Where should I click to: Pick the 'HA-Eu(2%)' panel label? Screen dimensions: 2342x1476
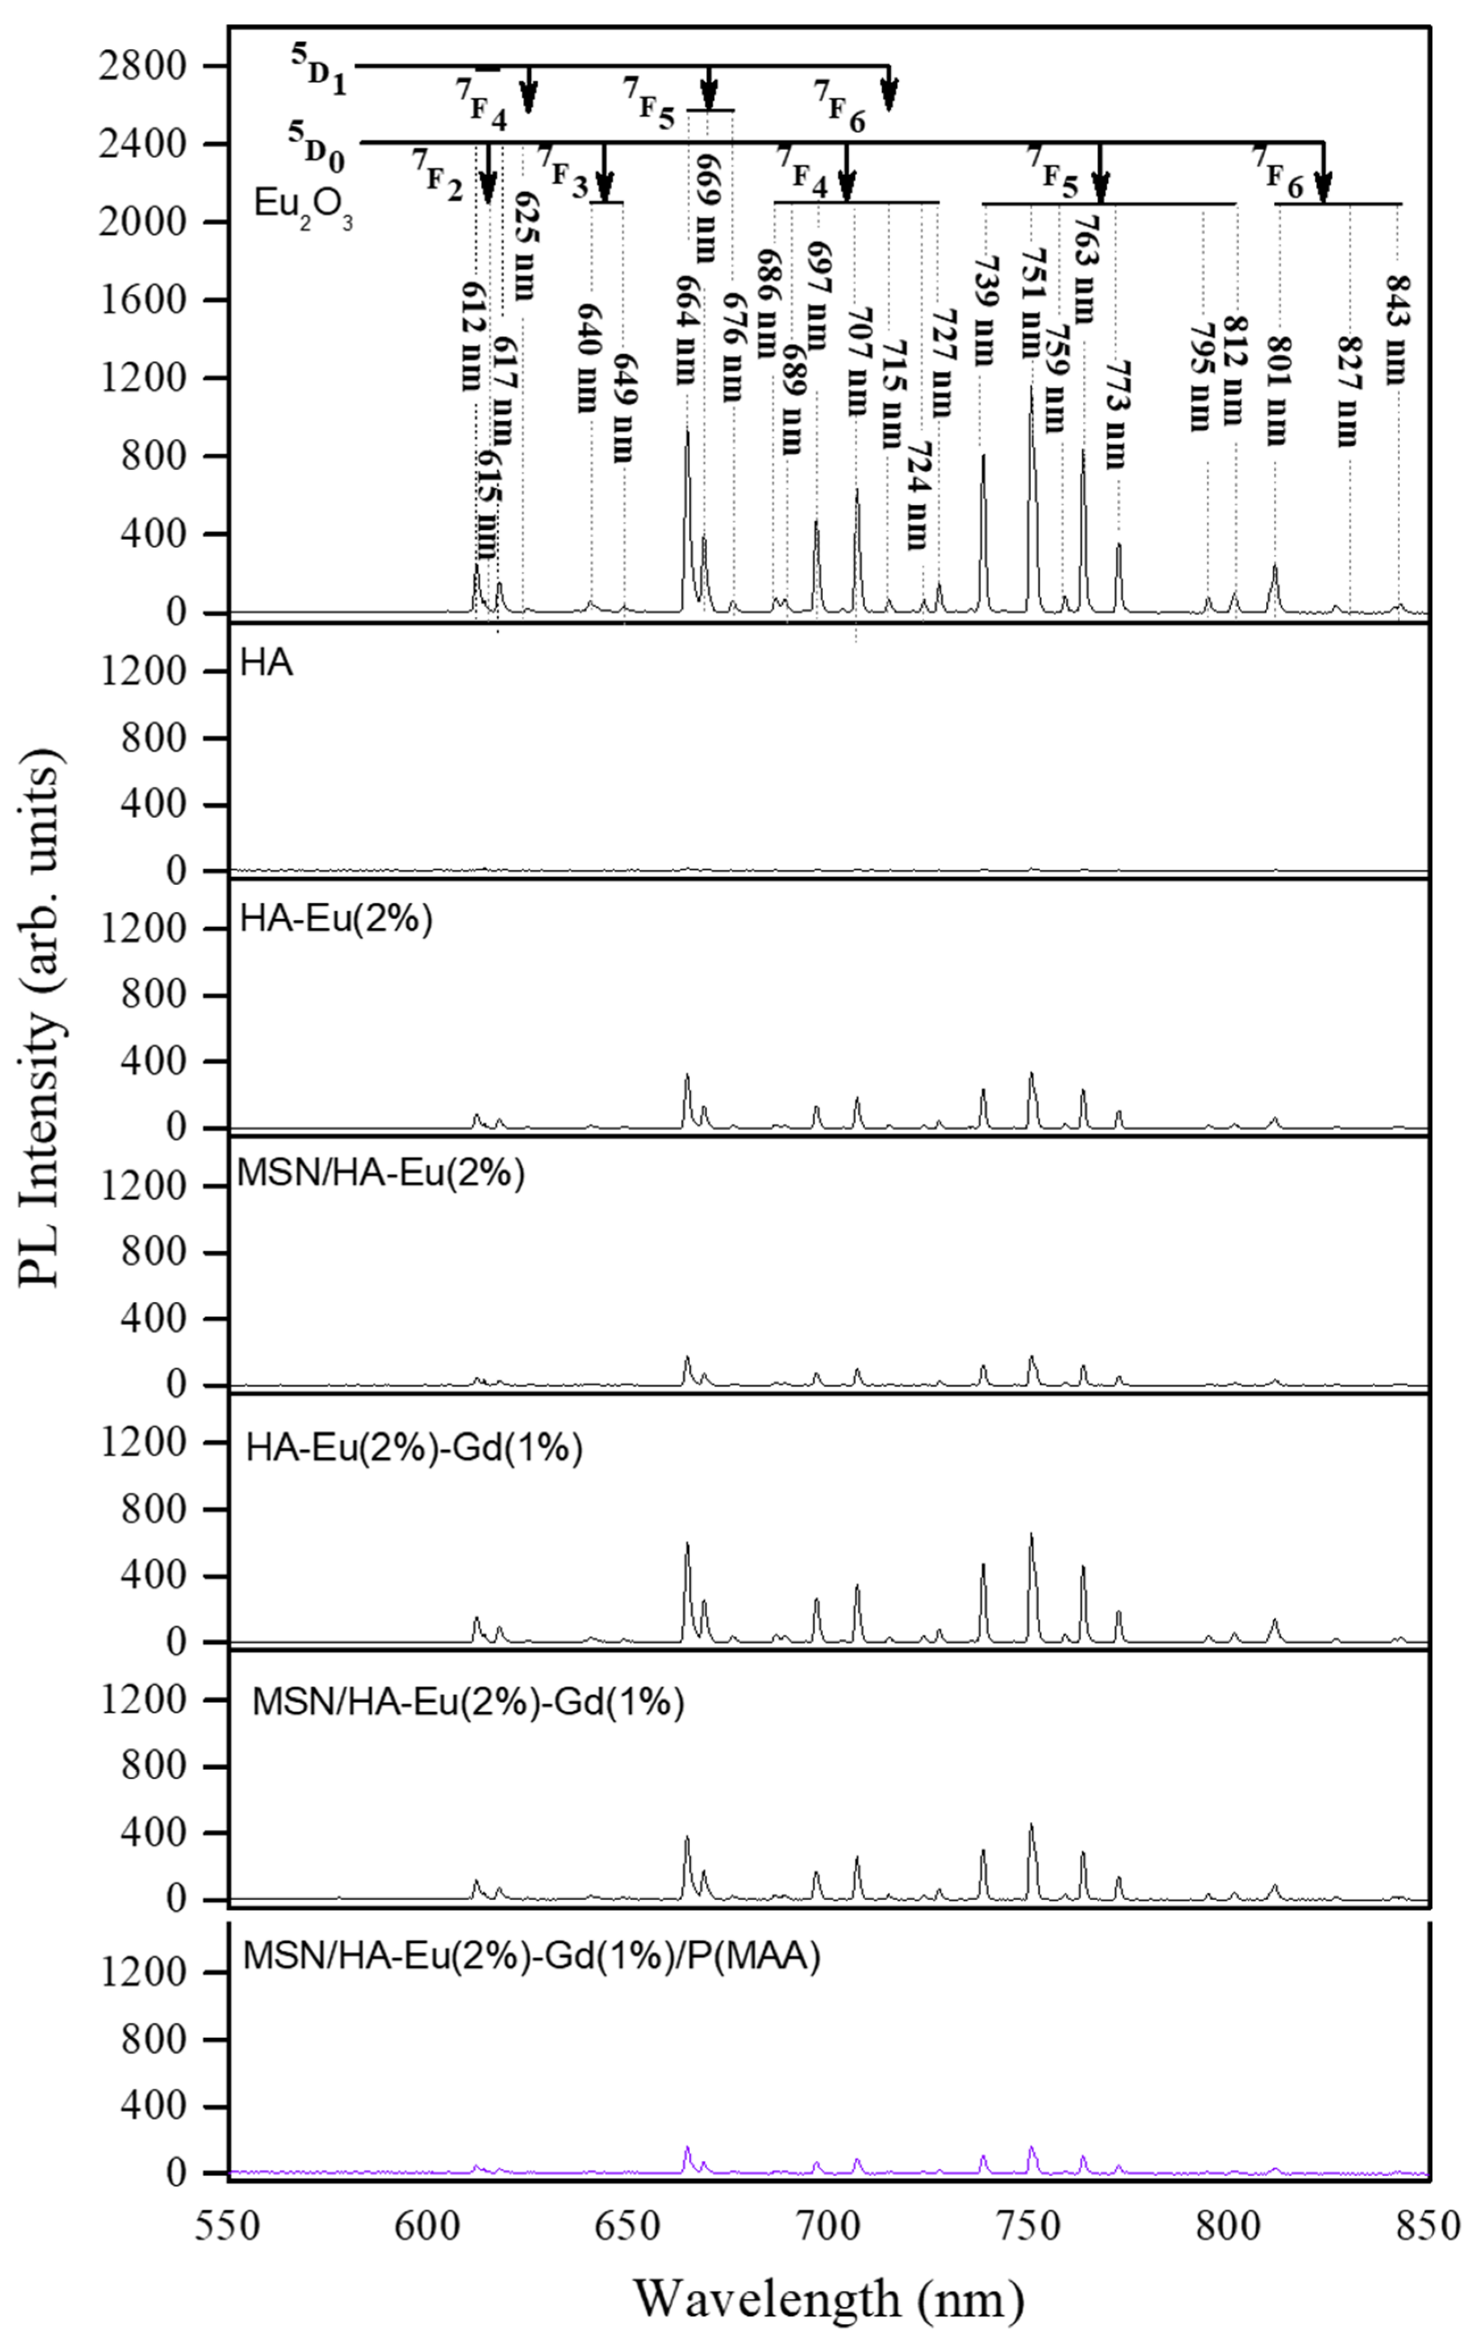pos(336,919)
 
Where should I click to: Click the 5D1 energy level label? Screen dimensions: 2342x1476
pos(319,68)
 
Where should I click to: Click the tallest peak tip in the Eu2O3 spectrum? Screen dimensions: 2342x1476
pos(1031,387)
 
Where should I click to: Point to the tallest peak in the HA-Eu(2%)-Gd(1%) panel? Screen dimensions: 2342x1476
pos(1031,1535)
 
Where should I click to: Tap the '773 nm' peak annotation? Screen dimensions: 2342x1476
pos(1114,414)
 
